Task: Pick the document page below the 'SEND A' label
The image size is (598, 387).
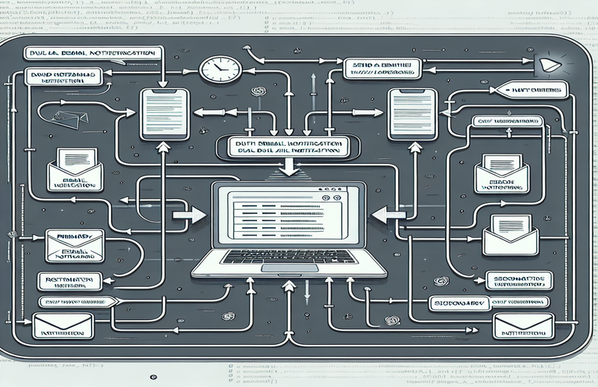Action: tap(411, 113)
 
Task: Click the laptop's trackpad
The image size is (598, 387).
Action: tap(288, 267)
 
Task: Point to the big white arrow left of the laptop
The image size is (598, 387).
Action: tap(188, 214)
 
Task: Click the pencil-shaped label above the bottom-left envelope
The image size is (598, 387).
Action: tap(77, 301)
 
